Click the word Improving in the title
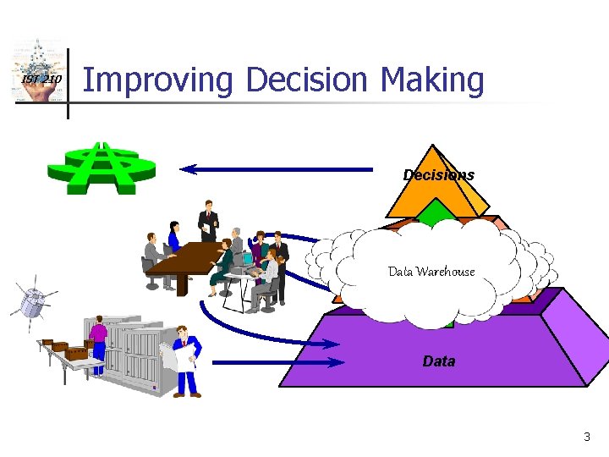157,81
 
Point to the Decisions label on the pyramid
438,175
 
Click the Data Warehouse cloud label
431,272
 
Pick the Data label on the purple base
438,361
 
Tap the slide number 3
587,438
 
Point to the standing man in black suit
207,222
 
